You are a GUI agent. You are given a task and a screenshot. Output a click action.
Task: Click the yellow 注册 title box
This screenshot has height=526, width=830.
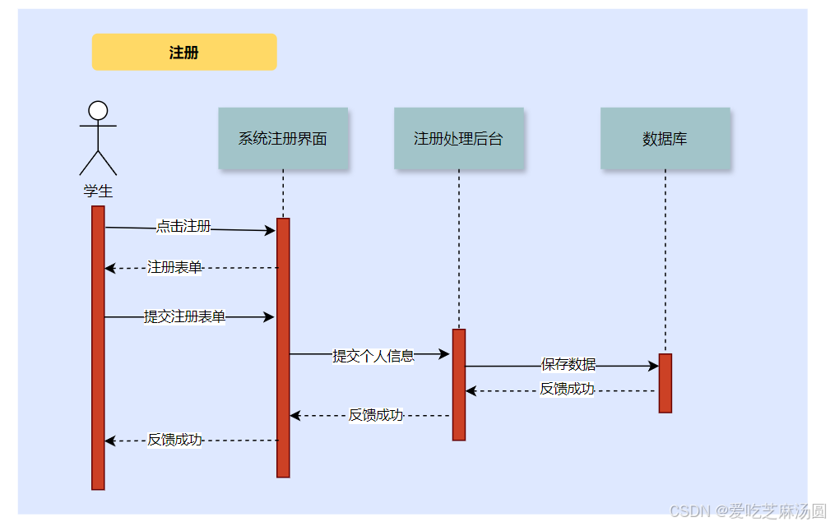click(x=184, y=53)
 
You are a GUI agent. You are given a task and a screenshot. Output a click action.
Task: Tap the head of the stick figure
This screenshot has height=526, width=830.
click(x=98, y=110)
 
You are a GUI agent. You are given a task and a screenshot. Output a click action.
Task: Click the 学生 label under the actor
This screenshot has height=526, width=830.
click(x=98, y=191)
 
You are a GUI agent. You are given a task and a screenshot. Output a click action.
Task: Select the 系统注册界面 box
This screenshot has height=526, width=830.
click(x=283, y=138)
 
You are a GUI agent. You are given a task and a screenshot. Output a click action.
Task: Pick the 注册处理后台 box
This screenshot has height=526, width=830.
click(x=458, y=138)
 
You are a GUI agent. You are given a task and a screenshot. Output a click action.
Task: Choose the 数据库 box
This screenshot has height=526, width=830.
click(x=665, y=138)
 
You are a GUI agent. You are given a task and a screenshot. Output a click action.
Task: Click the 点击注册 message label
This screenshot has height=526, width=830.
click(x=183, y=227)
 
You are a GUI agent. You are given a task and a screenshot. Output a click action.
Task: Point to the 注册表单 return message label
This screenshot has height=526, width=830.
click(x=174, y=267)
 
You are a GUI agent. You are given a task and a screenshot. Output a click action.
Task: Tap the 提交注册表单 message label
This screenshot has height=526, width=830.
click(x=184, y=316)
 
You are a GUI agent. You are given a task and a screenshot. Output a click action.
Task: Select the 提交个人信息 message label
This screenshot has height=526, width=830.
click(x=373, y=356)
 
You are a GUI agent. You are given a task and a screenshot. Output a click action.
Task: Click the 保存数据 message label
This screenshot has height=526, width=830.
click(x=568, y=364)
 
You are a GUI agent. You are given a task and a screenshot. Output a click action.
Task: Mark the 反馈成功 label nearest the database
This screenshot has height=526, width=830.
click(x=567, y=389)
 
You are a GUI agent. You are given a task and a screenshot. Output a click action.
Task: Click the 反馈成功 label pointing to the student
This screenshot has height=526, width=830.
click(x=174, y=440)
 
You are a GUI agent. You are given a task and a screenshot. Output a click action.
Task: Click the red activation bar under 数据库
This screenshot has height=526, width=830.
click(x=665, y=383)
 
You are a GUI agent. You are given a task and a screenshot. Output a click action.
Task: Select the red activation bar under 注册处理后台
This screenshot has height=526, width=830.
click(x=459, y=385)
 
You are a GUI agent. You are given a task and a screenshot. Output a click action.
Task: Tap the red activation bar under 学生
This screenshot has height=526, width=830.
click(x=98, y=348)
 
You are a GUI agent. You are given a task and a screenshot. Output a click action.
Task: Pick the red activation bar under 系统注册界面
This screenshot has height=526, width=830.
click(x=283, y=348)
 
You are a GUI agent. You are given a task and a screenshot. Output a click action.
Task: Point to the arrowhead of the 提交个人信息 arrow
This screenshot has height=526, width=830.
click(x=445, y=354)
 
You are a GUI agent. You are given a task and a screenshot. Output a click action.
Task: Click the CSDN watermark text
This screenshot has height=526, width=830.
click(x=747, y=511)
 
